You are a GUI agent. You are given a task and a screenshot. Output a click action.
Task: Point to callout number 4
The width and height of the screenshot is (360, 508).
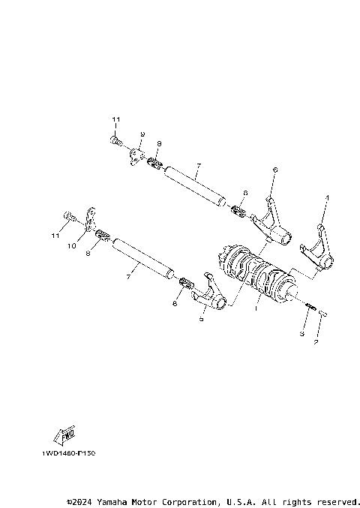pyautogui.click(x=326, y=199)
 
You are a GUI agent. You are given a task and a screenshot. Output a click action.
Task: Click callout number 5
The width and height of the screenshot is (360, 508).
pyautogui.click(x=201, y=318)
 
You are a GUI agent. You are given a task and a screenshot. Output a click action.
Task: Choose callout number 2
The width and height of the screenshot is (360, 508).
pyautogui.click(x=316, y=342)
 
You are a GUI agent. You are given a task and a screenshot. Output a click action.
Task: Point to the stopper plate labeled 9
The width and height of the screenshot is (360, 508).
pyautogui.click(x=136, y=156)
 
